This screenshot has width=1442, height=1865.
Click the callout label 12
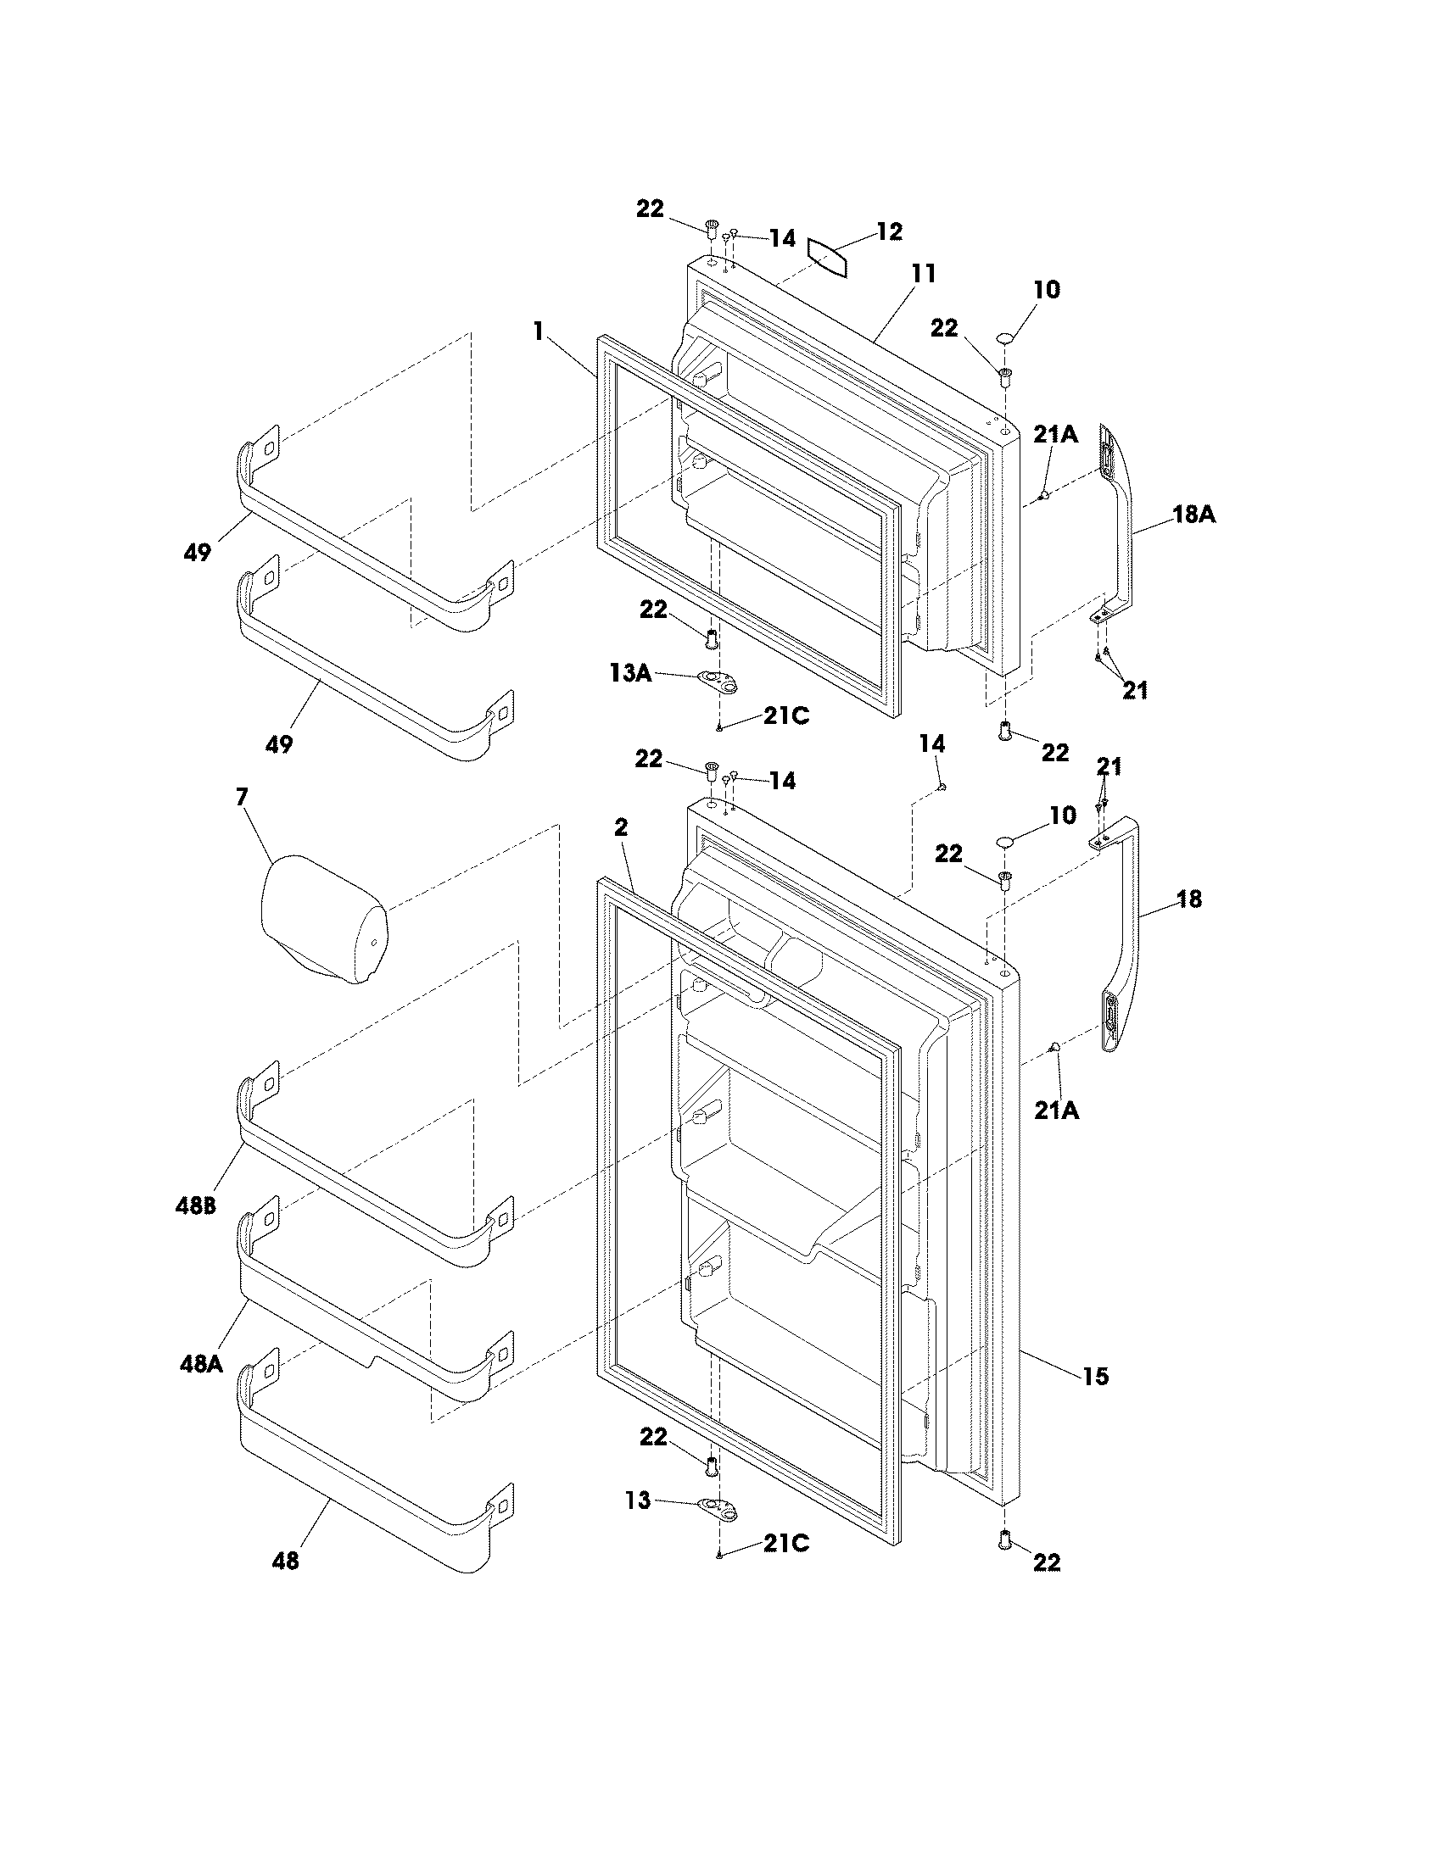coord(888,232)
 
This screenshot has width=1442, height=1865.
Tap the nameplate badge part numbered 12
coord(828,258)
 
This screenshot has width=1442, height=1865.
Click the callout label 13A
coord(630,673)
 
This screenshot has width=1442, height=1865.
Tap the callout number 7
coord(242,797)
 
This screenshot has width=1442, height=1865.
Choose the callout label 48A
coord(201,1364)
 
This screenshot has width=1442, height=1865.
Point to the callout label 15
coord(1095,1376)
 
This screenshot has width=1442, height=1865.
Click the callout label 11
coord(924,273)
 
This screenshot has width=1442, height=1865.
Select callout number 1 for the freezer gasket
coord(538,331)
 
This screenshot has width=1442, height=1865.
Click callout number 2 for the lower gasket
coord(621,827)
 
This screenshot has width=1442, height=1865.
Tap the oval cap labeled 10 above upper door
coord(1006,339)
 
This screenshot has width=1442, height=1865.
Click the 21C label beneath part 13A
coord(786,715)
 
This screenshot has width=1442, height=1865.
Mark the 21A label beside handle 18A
coord(1055,435)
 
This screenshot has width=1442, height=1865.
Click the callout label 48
coord(285,1561)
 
